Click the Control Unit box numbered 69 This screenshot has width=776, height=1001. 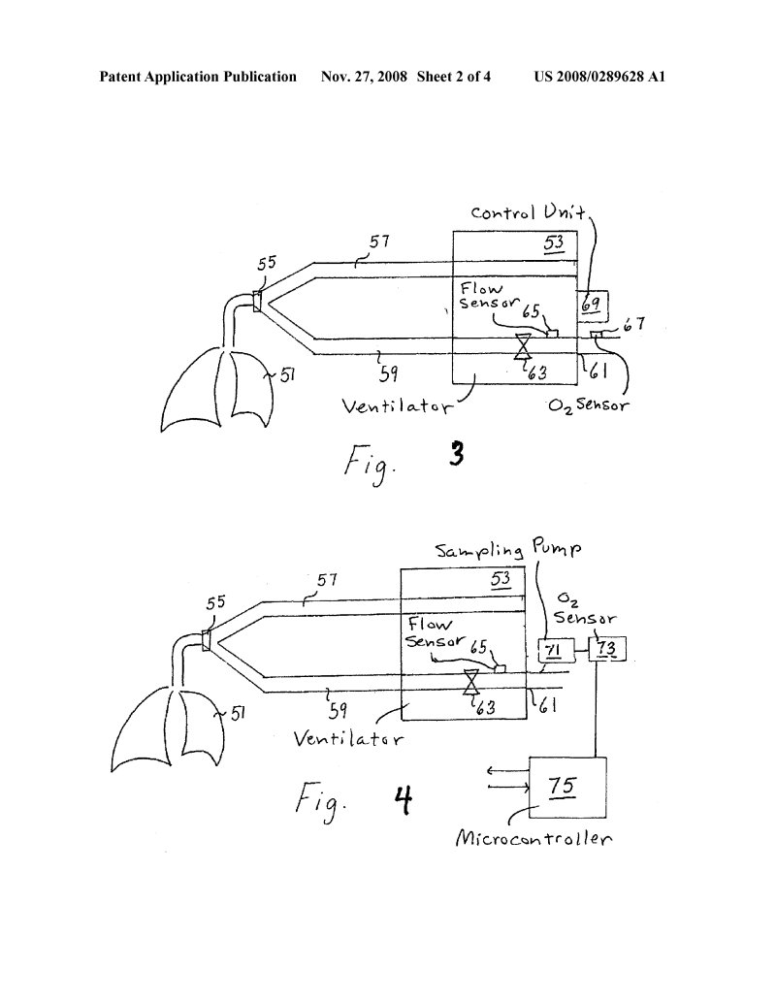coord(593,307)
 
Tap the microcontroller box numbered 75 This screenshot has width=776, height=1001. coord(567,788)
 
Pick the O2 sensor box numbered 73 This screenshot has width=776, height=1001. coord(606,649)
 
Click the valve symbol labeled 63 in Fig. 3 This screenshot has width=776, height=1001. coord(523,346)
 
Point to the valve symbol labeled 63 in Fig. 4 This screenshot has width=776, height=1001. coord(471,683)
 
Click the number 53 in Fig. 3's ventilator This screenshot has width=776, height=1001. coord(553,243)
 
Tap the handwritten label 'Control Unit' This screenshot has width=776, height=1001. coord(527,212)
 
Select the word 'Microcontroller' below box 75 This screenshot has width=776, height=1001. coord(533,838)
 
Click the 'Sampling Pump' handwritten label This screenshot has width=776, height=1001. coord(508,550)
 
